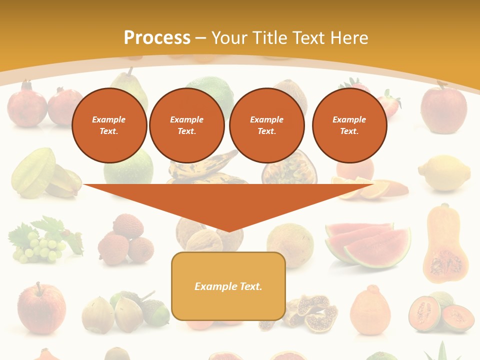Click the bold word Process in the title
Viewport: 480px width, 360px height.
157,38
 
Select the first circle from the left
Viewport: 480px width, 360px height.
109,125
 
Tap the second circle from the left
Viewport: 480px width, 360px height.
186,125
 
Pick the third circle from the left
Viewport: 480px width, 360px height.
266,125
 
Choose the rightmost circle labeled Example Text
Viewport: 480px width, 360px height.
349,125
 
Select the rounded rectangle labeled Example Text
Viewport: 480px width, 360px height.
228,286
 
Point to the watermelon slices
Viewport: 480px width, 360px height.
367,243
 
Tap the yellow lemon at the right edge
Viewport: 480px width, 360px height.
444,173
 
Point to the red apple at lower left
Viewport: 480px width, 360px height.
41,307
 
